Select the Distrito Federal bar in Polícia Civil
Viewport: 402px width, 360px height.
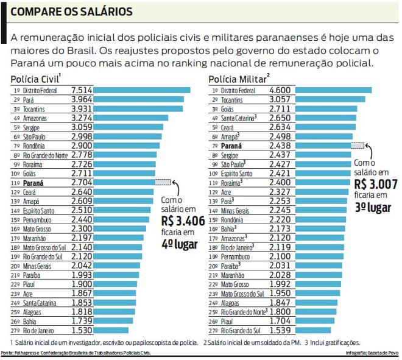(x=143, y=90)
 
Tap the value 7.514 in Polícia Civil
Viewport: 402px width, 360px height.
(x=82, y=90)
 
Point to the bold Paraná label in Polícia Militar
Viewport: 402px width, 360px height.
(x=232, y=146)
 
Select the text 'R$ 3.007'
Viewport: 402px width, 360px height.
(x=377, y=184)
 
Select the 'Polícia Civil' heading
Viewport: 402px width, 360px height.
(x=35, y=79)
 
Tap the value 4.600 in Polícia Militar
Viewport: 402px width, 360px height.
(x=283, y=90)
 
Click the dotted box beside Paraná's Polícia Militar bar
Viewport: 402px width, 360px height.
(x=358, y=146)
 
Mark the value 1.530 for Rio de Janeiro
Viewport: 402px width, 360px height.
(x=82, y=330)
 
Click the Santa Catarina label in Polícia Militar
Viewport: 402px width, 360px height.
(x=239, y=118)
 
